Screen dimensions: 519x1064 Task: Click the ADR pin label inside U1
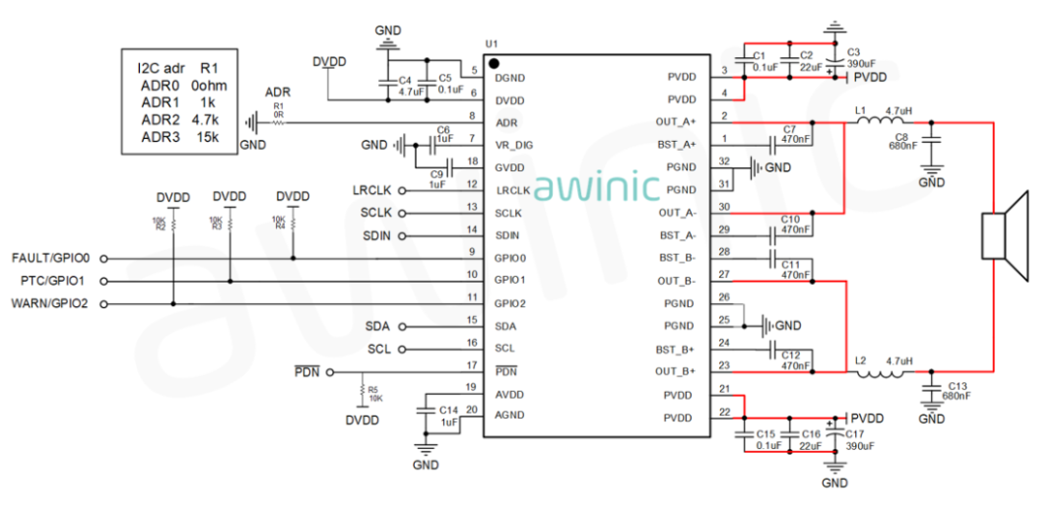(x=506, y=123)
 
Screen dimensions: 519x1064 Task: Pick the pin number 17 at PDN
(x=472, y=365)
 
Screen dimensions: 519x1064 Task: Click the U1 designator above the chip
(x=492, y=45)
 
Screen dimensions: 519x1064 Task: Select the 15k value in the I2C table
(x=208, y=137)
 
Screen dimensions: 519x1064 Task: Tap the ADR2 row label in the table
(x=160, y=119)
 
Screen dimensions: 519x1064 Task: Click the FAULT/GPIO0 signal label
(x=50, y=258)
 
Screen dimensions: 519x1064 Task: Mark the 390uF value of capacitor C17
(x=860, y=446)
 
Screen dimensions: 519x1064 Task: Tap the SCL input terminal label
(x=379, y=349)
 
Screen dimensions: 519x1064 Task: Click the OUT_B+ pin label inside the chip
(x=675, y=371)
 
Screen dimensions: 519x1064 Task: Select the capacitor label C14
(x=449, y=410)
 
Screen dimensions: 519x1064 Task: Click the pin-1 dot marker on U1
(x=493, y=63)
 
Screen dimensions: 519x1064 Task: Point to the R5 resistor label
(x=372, y=389)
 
